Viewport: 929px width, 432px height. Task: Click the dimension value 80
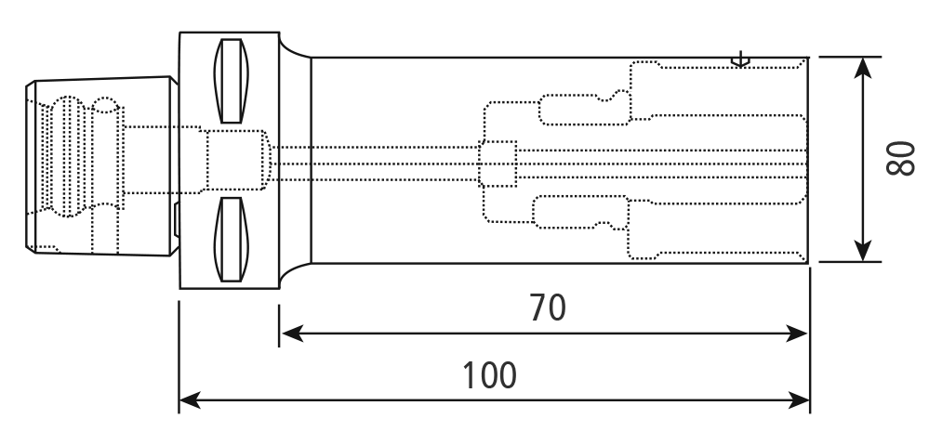[x=900, y=159]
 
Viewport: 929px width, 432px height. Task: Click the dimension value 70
[x=548, y=308]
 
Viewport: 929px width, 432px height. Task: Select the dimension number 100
[x=489, y=375]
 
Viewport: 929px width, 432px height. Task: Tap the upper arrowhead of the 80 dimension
[x=863, y=68]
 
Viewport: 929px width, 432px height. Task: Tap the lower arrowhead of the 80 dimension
[x=863, y=251]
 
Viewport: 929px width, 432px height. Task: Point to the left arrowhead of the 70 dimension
[x=293, y=334]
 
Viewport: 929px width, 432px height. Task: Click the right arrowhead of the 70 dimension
[x=796, y=334]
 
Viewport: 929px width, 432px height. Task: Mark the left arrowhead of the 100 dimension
[x=191, y=400]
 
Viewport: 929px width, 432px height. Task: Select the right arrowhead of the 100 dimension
[x=798, y=400]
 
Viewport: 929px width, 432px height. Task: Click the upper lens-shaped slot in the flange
[x=231, y=81]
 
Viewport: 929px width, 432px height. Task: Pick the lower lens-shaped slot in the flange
[x=231, y=240]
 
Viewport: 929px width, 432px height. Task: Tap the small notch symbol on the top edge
[x=740, y=59]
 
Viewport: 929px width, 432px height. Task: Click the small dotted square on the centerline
[x=498, y=164]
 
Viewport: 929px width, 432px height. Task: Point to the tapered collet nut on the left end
[x=102, y=165]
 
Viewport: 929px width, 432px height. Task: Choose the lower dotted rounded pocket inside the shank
[x=580, y=212]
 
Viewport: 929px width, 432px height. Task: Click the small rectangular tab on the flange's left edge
[x=177, y=219]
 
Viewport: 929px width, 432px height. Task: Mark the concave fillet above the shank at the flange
[x=294, y=47]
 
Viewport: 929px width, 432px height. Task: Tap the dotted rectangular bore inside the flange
[x=238, y=160]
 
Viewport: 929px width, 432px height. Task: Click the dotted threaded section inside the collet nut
[x=67, y=156]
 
